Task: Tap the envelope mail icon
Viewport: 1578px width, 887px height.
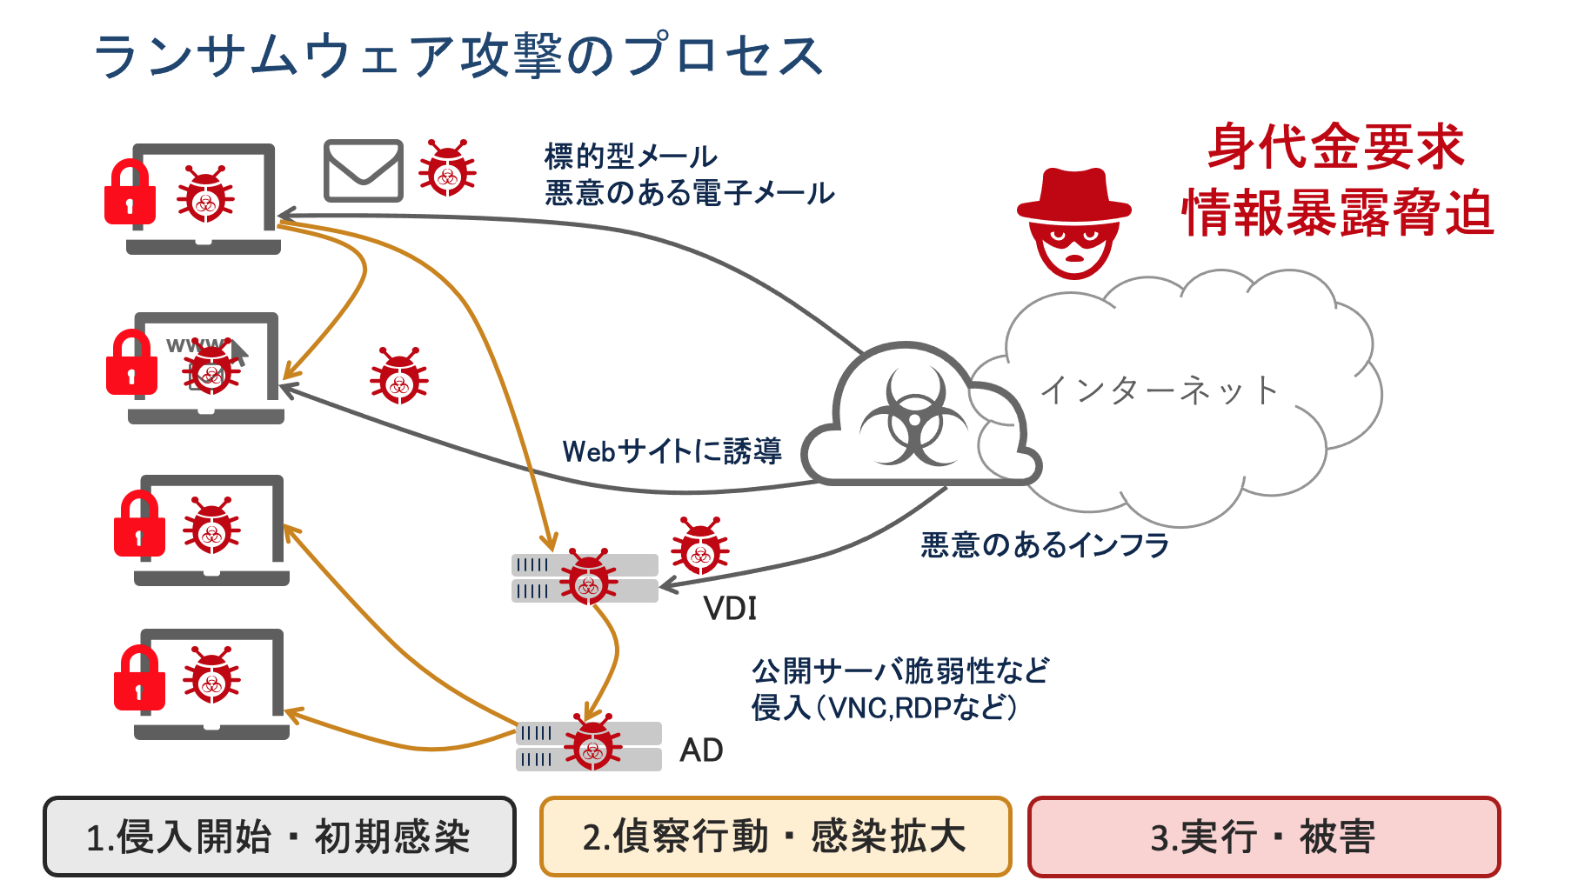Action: click(364, 170)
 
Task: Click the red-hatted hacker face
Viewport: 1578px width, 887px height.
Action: click(1075, 225)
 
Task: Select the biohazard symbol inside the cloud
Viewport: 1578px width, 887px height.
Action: click(913, 416)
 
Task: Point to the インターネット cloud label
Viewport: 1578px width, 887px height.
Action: click(1160, 390)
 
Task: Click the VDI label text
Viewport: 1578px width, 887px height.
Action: click(730, 609)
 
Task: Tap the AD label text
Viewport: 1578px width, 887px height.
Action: click(701, 750)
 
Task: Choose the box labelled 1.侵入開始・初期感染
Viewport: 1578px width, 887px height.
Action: click(279, 837)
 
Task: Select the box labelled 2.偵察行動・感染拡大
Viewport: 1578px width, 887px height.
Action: click(775, 837)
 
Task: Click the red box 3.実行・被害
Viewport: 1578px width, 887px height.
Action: click(1264, 837)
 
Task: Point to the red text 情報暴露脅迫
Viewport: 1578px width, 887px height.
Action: click(1338, 213)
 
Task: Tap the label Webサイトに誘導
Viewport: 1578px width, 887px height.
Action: click(672, 451)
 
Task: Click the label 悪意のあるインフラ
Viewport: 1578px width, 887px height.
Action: click(1045, 545)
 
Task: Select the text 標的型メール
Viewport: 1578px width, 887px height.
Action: click(631, 157)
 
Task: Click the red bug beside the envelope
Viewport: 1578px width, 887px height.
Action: click(447, 168)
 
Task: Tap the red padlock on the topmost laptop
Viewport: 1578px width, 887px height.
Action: click(130, 193)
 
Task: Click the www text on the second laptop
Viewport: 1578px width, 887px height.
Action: click(193, 345)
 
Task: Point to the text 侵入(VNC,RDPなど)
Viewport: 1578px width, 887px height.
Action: click(884, 708)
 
